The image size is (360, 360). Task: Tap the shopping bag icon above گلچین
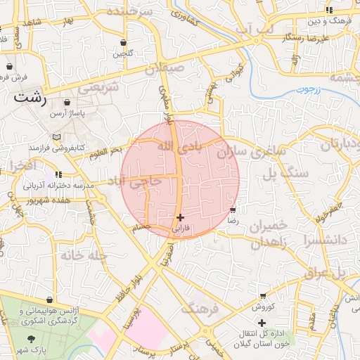124,42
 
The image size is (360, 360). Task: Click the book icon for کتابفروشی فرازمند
56,136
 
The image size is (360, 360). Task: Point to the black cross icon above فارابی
181,218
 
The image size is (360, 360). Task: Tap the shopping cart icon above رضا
233,210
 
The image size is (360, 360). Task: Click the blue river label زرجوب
307,89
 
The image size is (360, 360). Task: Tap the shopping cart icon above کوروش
263,296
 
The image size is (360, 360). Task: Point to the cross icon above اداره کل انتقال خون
262,323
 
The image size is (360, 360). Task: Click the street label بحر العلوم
105,151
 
